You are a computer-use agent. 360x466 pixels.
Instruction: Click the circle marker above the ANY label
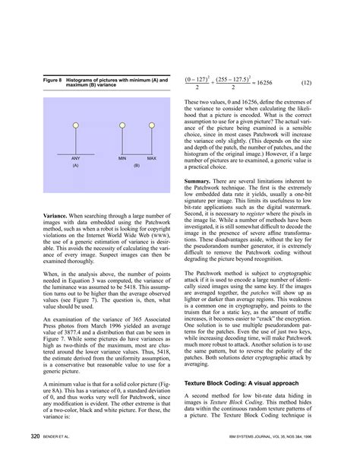tap(75, 123)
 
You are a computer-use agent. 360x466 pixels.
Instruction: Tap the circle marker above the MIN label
tap(122, 123)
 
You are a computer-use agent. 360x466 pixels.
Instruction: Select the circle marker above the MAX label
tap(151, 123)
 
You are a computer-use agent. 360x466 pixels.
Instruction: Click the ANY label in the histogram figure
tap(76, 157)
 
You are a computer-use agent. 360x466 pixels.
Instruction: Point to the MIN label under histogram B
tap(122, 157)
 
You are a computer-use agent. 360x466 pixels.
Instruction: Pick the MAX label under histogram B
tap(151, 157)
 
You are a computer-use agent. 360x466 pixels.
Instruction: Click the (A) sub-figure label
tap(76, 165)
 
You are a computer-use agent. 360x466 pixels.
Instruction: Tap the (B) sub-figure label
tap(137, 165)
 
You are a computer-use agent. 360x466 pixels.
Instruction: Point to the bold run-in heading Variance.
tap(58, 217)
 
